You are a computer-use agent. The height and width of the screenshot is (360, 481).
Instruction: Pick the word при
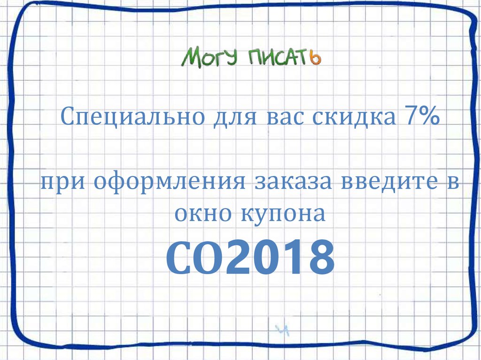pos(62,181)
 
